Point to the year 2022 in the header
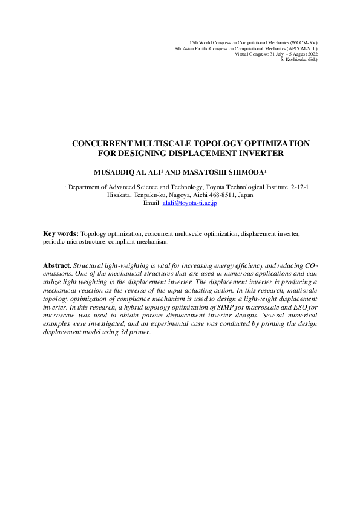click(312, 53)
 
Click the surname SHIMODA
click(244, 171)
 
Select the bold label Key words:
click(61, 233)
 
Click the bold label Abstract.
click(57, 265)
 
